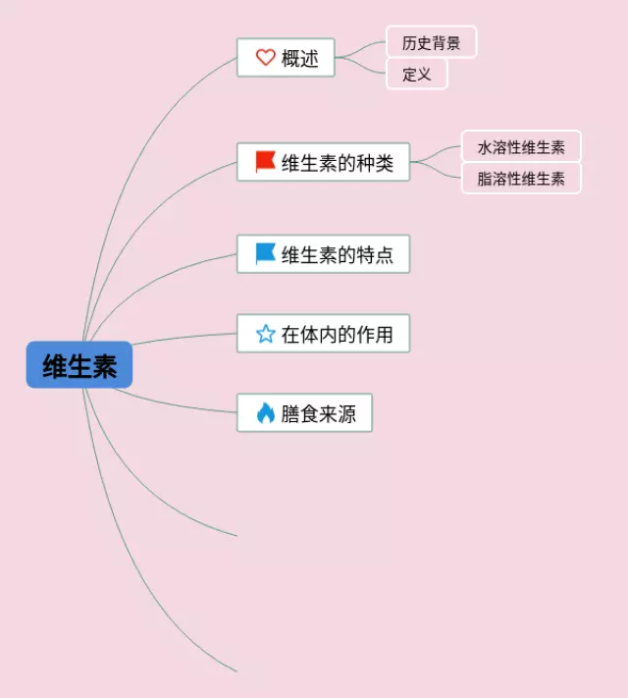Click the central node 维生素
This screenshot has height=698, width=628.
pos(79,365)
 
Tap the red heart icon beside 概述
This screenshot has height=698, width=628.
pos(265,58)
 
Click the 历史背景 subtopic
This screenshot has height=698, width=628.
pos(431,42)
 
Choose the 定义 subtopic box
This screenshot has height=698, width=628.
pos(416,74)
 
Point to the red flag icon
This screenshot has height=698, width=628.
pos(265,161)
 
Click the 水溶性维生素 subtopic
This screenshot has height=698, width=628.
pos(521,147)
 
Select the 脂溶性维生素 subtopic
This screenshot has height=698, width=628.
pos(521,179)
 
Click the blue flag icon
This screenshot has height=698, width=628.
pos(265,254)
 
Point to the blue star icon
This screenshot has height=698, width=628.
pos(265,334)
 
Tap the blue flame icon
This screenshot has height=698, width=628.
pos(265,413)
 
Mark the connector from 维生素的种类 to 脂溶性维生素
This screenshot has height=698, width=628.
pos(437,172)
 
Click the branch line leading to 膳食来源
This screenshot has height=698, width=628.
pos(177,403)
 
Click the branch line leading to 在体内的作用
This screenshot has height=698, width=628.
pos(186,338)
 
